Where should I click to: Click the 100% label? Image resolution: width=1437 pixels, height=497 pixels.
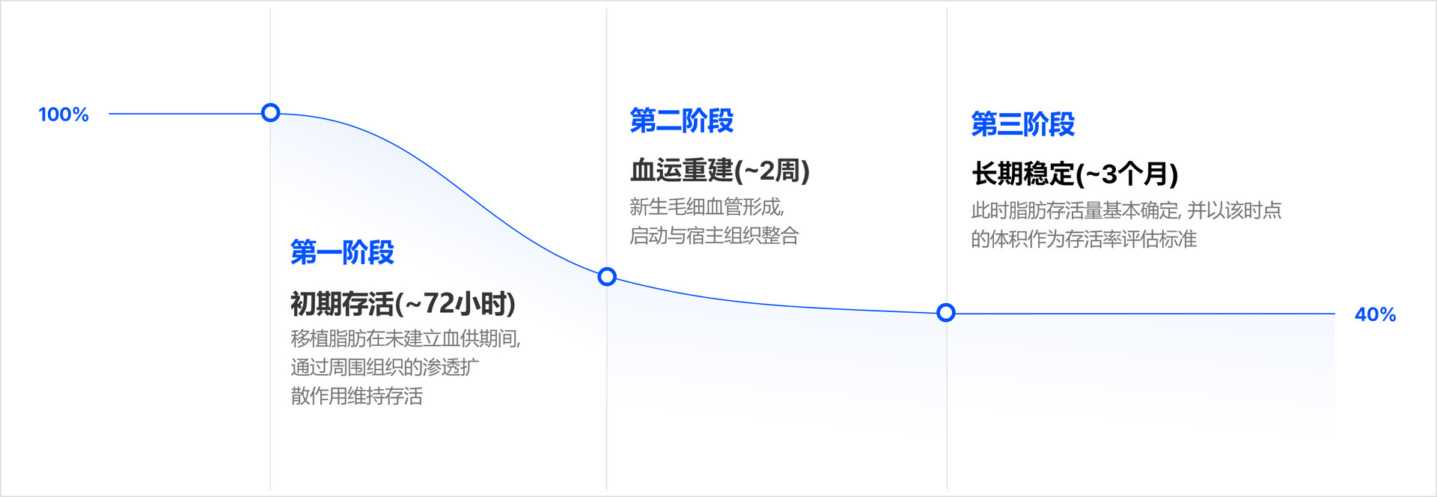[64, 115]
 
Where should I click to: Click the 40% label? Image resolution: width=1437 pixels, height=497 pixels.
[1375, 314]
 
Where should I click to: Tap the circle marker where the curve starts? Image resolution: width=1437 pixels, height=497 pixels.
[271, 113]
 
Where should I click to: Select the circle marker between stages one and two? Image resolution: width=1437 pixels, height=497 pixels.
[607, 277]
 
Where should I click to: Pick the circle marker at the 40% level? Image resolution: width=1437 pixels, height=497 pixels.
[946, 313]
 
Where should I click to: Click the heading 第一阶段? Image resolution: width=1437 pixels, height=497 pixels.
[342, 252]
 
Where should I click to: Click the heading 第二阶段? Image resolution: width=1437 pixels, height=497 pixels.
[681, 121]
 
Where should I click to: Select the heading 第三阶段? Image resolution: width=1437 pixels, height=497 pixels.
[1022, 124]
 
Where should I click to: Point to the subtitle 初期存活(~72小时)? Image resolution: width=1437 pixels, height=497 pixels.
[403, 303]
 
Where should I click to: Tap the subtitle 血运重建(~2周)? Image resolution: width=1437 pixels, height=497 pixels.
[719, 171]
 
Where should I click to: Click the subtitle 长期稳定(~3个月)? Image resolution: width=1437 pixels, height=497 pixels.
[1075, 174]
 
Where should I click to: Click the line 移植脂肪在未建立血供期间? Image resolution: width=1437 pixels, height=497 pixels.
[405, 338]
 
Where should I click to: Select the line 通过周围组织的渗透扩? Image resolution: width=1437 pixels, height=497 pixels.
[385, 367]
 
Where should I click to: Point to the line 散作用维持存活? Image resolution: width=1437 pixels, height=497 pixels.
[356, 395]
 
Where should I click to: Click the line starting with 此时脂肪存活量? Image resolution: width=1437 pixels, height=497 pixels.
[1126, 210]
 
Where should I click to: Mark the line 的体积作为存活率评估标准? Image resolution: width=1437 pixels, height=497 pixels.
[1083, 239]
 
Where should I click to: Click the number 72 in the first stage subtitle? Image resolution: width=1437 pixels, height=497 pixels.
[439, 303]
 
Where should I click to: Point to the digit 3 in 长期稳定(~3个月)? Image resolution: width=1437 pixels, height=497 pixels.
[1109, 174]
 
